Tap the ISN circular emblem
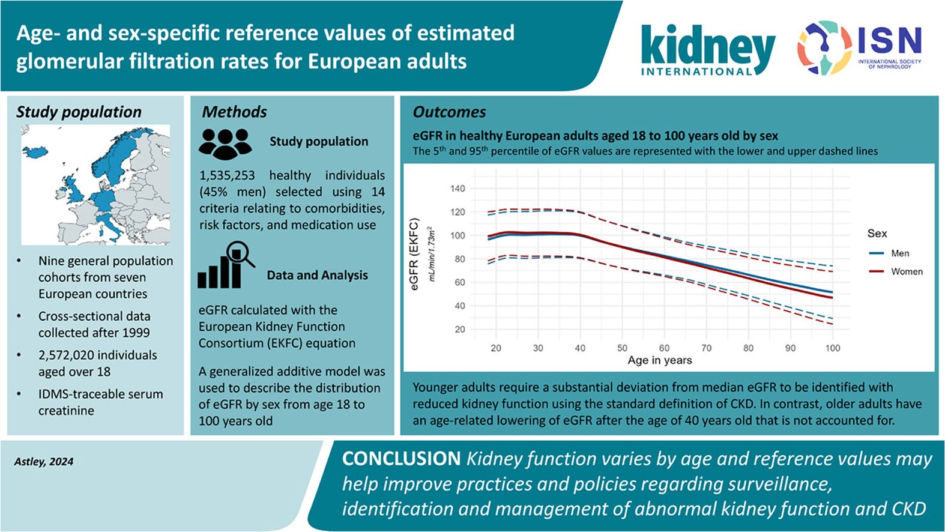[824, 47]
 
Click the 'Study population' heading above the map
[79, 112]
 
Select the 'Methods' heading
[234, 112]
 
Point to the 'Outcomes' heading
[449, 112]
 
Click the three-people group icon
[225, 144]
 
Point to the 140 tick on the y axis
[457, 189]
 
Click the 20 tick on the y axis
[460, 330]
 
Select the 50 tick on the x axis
[622, 348]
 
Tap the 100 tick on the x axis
[833, 348]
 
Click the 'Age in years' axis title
[660, 360]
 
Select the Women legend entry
[896, 271]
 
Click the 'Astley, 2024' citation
[44, 462]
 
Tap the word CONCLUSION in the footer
[401, 459]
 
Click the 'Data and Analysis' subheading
[317, 275]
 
